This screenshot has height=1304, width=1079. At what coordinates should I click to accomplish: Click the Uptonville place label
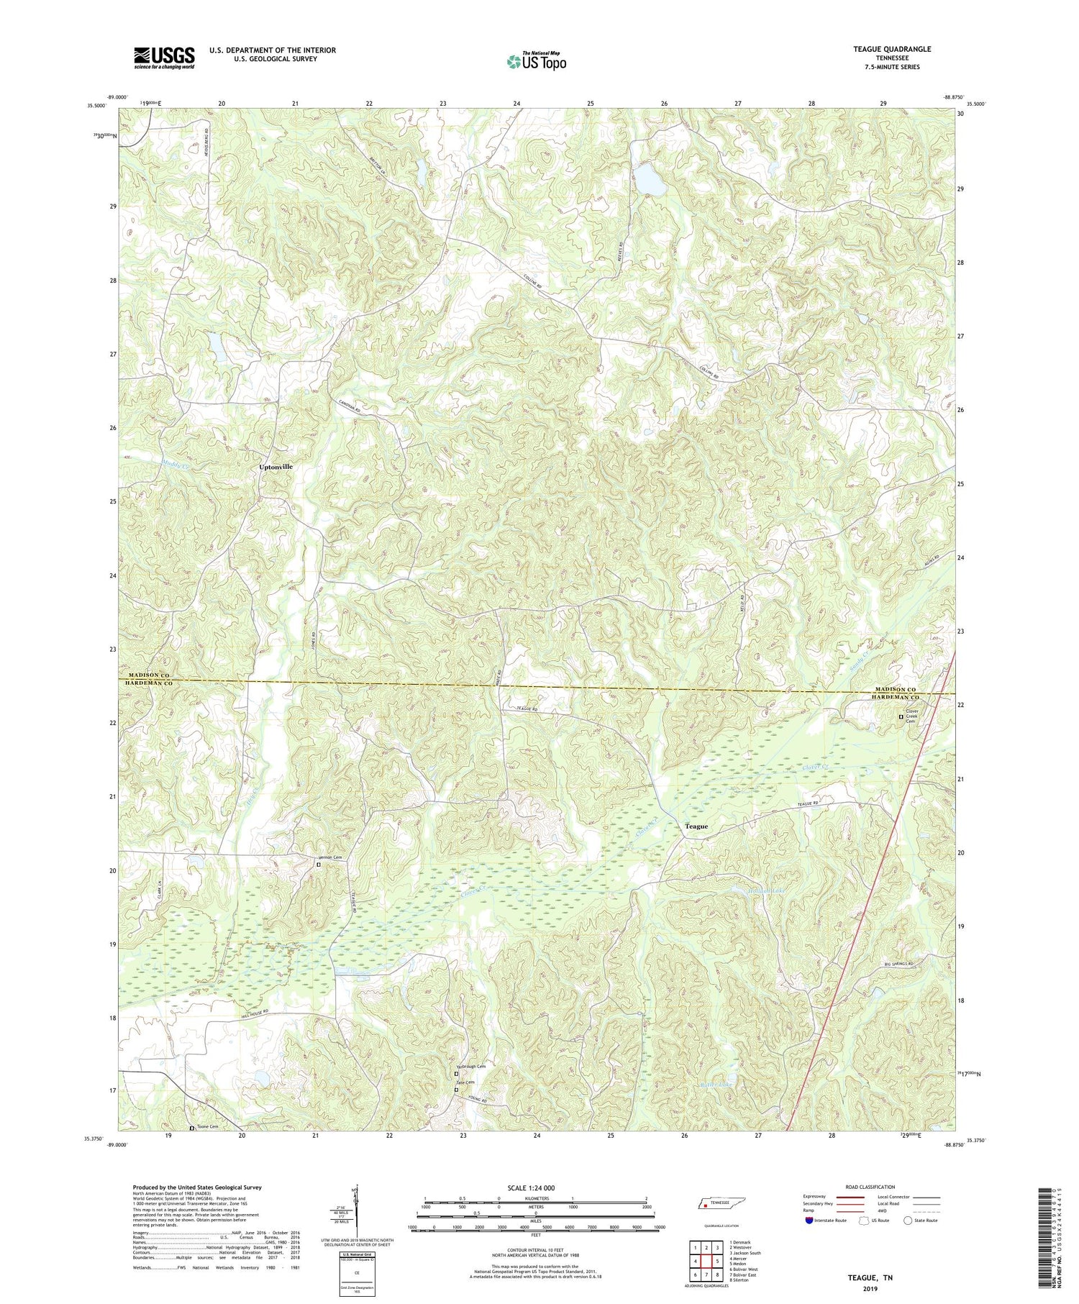(276, 467)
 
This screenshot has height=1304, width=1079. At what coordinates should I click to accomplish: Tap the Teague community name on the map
(696, 826)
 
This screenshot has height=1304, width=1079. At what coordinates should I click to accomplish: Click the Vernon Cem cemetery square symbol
(319, 865)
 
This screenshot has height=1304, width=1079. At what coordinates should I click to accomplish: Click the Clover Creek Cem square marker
(901, 716)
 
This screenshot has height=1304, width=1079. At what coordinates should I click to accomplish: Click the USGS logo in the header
(164, 58)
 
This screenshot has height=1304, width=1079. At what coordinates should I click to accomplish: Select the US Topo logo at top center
(536, 62)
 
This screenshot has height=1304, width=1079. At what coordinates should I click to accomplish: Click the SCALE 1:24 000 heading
(536, 1187)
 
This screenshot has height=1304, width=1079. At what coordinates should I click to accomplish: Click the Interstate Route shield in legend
(809, 1221)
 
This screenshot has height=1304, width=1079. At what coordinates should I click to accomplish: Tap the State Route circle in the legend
(908, 1221)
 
